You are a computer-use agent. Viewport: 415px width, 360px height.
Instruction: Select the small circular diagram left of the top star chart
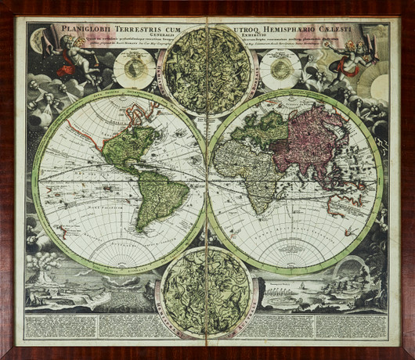(x=134, y=70)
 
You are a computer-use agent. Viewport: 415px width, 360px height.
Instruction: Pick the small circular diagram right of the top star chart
(x=280, y=70)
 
